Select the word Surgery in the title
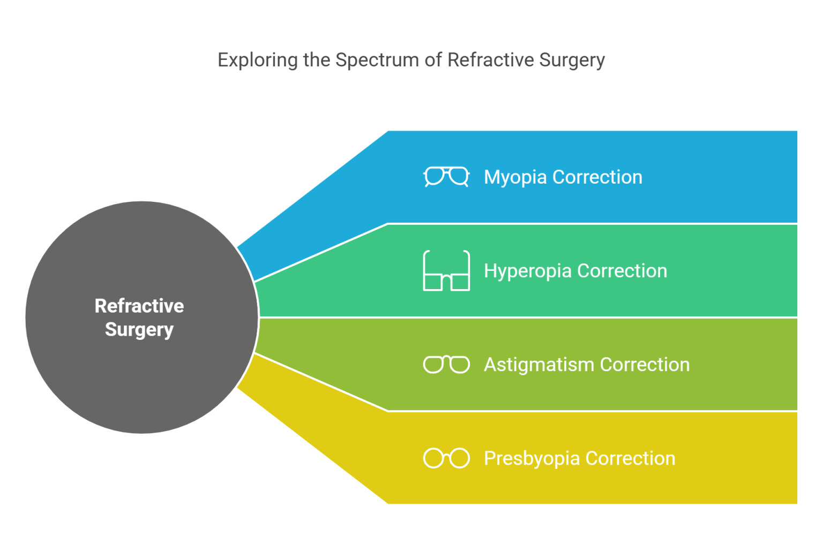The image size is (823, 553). [572, 60]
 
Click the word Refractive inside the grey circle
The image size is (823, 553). [139, 306]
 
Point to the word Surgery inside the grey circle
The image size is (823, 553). [139, 330]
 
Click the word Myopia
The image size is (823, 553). [515, 177]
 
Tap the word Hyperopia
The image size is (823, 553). [527, 271]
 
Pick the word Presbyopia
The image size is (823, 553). [532, 458]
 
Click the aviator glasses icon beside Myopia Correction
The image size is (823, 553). [446, 177]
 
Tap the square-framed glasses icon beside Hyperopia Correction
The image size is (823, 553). [446, 271]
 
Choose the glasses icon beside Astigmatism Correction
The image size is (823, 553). [446, 365]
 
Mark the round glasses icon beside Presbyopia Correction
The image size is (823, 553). [446, 458]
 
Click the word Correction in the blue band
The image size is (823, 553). [597, 177]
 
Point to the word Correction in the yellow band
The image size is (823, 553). [630, 458]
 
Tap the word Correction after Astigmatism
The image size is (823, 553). [645, 365]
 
